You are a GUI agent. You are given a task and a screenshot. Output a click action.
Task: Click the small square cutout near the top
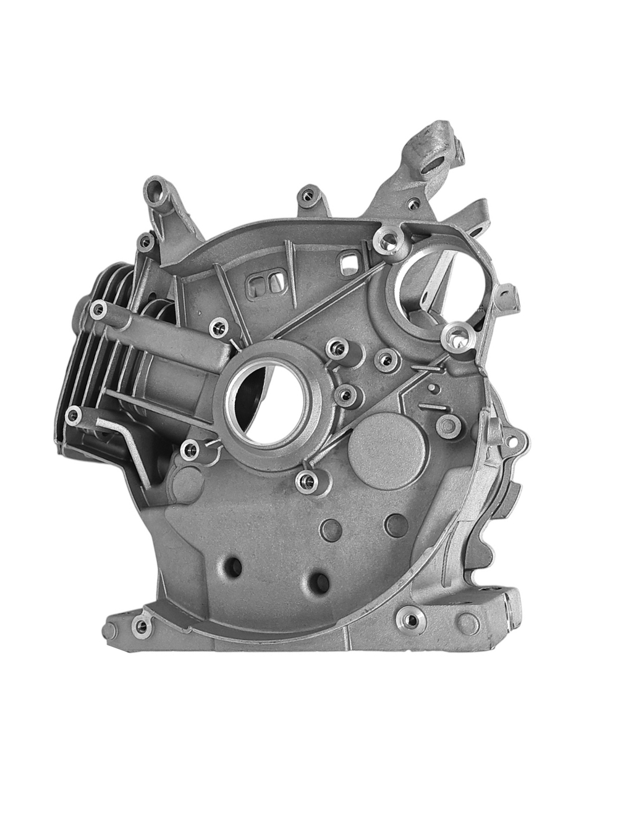(x=349, y=262)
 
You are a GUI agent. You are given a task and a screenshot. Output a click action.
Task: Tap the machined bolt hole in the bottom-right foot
(x=408, y=618)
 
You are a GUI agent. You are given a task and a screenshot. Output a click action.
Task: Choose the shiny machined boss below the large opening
(x=459, y=336)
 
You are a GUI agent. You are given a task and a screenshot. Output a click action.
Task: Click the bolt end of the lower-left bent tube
(x=75, y=417)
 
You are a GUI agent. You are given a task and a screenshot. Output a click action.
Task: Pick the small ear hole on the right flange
(x=512, y=439)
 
